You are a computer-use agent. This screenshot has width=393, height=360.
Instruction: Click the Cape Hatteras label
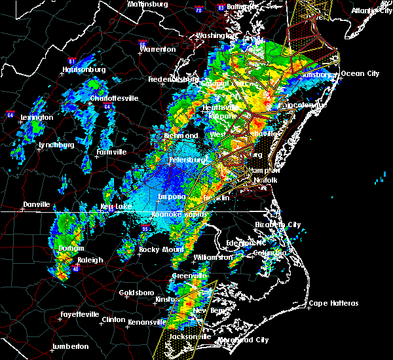pos(334,303)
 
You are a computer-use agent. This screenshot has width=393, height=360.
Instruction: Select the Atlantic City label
pos(369,10)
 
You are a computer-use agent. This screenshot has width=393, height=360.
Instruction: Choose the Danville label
pos(36,205)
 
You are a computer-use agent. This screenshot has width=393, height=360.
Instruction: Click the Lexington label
pos(37,117)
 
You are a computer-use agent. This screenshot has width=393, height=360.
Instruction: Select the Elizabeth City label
pos(278,225)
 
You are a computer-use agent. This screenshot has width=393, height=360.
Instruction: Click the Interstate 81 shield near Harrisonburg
pos(72,62)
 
